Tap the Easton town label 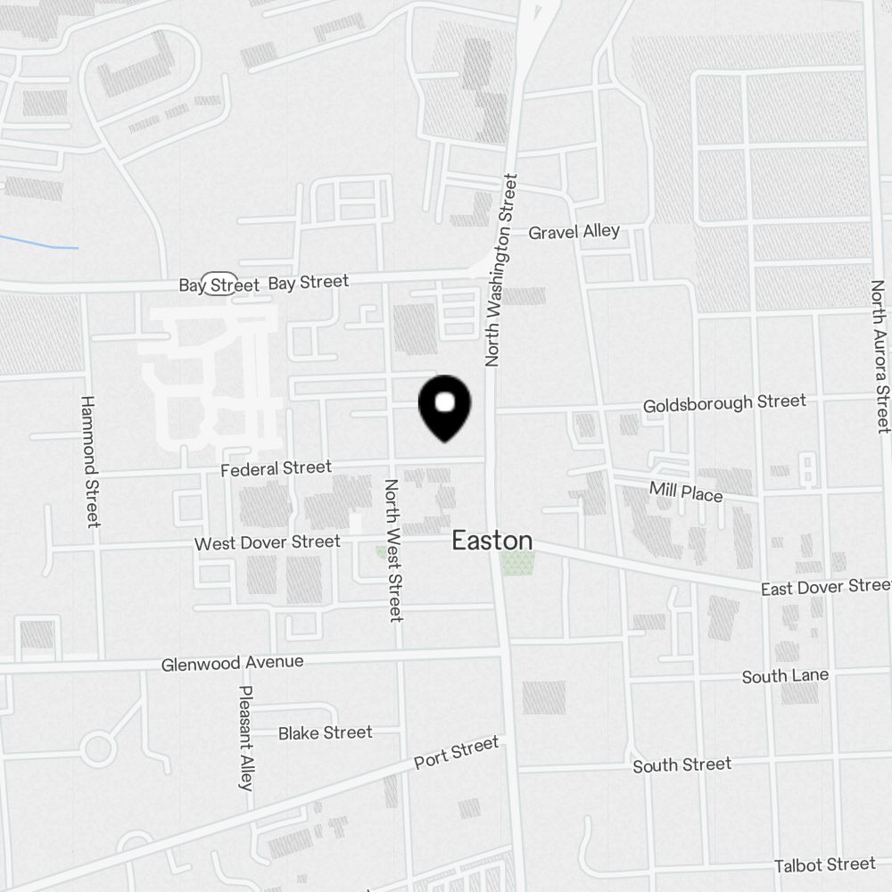click(492, 541)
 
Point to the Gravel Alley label click(574, 232)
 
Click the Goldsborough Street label click(724, 403)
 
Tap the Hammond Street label click(89, 461)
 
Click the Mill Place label click(686, 491)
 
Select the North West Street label click(393, 549)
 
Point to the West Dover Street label click(267, 542)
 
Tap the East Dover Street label click(825, 587)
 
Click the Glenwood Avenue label click(232, 664)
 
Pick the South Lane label click(785, 676)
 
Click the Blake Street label click(325, 732)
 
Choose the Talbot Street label click(824, 864)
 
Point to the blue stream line click(40, 243)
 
